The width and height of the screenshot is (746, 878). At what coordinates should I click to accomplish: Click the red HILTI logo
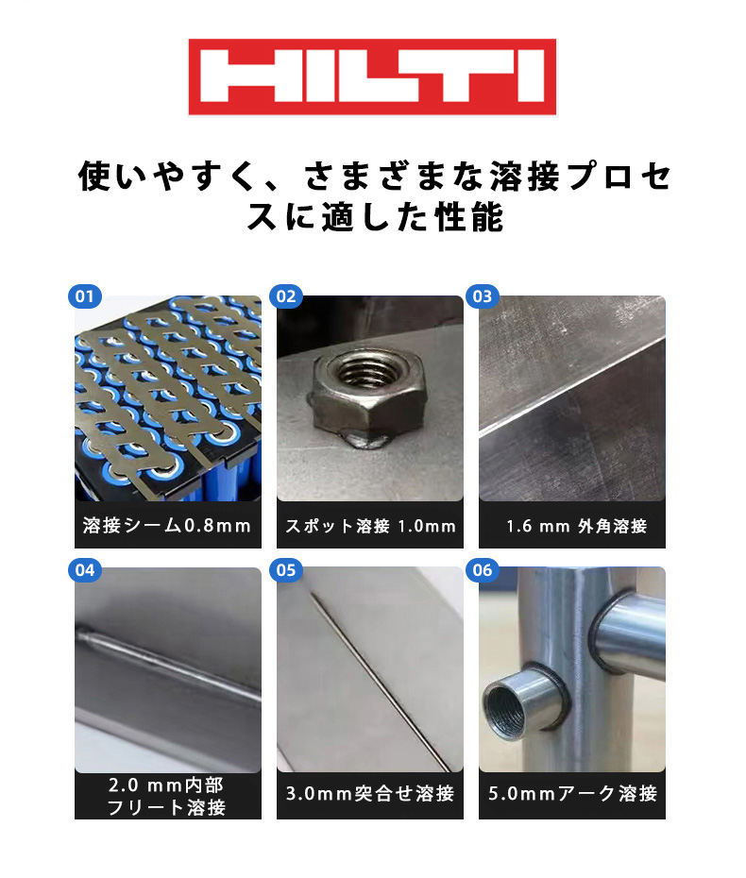coord(372,76)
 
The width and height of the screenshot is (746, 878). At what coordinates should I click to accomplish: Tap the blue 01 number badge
coord(85,296)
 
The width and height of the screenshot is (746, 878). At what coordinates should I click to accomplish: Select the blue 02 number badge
coord(285,296)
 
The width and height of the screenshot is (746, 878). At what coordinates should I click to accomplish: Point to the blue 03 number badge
coord(483,296)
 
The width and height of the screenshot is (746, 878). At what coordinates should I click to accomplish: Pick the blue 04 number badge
coord(85,570)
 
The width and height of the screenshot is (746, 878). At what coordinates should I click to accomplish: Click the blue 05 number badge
coord(285,570)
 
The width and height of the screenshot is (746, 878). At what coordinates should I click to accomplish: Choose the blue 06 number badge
coord(483,570)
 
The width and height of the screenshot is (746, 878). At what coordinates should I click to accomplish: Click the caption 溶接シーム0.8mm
coord(167,526)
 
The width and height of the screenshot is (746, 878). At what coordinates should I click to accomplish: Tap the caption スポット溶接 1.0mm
coord(370,526)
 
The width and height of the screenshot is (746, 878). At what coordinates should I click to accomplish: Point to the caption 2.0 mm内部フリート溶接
coord(167,797)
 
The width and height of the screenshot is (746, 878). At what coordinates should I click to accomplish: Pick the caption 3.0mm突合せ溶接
coord(370,793)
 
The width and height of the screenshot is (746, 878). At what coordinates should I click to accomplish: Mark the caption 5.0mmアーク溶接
coord(572,793)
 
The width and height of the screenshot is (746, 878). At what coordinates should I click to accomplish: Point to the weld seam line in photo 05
coord(378,670)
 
